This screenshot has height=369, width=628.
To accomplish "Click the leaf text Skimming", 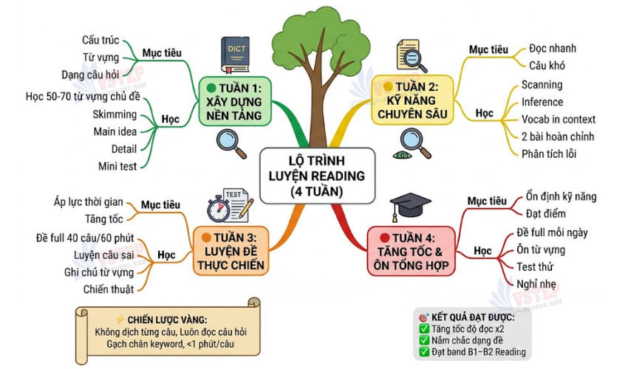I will point(115,114).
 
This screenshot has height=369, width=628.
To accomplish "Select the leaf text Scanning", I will point(542,85).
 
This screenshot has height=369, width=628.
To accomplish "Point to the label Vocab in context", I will point(558,120).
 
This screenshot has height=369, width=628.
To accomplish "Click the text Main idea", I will point(114,132).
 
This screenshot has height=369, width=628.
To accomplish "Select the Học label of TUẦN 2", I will point(484,114).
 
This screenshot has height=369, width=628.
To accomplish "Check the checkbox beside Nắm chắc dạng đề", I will point(424,340).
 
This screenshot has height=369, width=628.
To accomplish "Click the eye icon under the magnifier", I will point(402,155).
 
